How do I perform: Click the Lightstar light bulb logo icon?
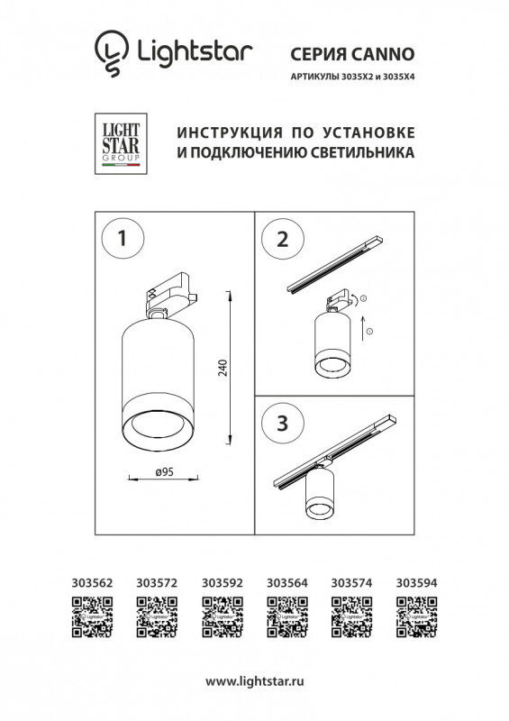[110, 52]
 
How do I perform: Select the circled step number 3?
[281, 424]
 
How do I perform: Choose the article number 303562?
[91, 584]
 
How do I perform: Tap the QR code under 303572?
[154, 618]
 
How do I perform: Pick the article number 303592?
[222, 584]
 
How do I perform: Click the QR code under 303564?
[286, 618]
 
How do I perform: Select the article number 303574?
[352, 584]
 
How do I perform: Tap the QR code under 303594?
[417, 618]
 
